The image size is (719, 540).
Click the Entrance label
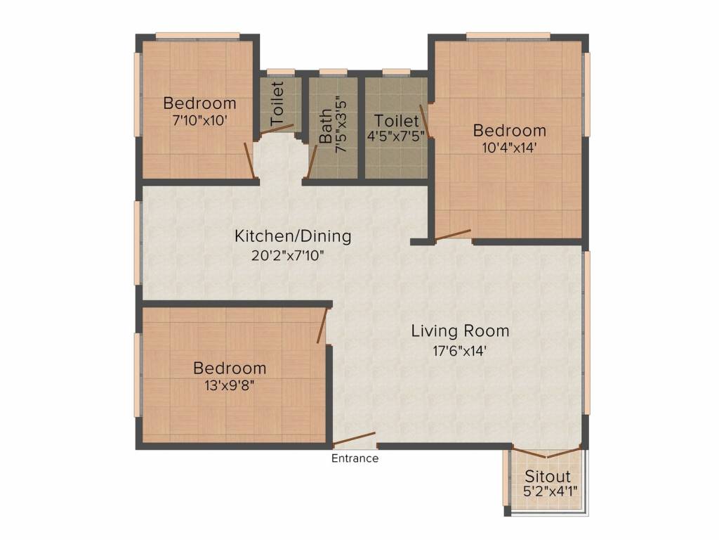pyautogui.click(x=355, y=459)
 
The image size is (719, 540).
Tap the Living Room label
pyautogui.click(x=460, y=331)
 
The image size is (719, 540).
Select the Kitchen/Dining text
pyautogui.click(x=293, y=236)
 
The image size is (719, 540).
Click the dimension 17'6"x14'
pyautogui.click(x=460, y=349)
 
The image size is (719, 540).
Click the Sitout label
pyautogui.click(x=548, y=477)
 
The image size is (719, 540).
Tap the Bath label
pyautogui.click(x=326, y=127)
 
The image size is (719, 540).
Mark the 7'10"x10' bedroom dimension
pyautogui.click(x=199, y=120)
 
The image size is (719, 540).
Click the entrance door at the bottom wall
pyautogui.click(x=355, y=439)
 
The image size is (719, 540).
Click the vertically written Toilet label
pyautogui.click(x=278, y=105)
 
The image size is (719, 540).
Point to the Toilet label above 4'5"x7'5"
pyautogui.click(x=397, y=121)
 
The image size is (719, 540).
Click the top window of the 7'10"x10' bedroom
pyautogui.click(x=197, y=36)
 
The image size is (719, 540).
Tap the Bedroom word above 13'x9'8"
pyautogui.click(x=230, y=368)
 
